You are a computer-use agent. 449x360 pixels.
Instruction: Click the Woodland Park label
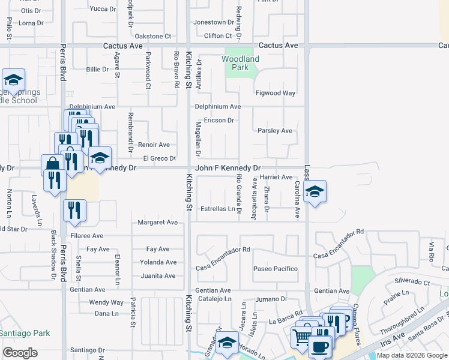240,63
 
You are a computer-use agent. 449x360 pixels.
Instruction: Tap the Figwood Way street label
276,93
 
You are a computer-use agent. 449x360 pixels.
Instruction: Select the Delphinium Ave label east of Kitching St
217,107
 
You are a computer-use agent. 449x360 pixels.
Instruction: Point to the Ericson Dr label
218,120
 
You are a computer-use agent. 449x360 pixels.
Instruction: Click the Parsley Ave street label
274,131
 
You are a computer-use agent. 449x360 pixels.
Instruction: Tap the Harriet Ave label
276,178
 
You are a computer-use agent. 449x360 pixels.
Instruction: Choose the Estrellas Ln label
218,209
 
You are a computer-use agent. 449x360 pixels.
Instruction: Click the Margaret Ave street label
158,223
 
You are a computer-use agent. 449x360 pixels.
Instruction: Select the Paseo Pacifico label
275,269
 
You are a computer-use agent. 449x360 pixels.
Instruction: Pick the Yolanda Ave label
158,262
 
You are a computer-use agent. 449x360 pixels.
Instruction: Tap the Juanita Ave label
158,276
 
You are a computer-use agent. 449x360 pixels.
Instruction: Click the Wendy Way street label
106,302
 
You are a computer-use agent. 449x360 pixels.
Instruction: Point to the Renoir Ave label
154,145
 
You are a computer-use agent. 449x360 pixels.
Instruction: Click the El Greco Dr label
159,158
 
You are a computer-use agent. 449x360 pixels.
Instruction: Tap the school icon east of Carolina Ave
315,192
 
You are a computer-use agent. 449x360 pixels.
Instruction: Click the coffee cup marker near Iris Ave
319,346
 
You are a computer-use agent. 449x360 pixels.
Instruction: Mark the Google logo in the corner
20,353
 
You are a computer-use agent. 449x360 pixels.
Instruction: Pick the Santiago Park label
24,333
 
